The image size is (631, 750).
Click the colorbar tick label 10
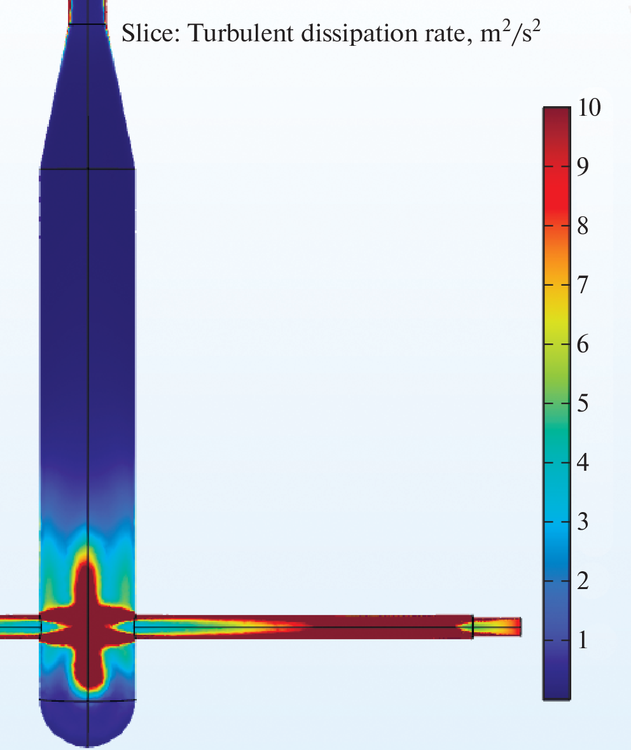[589, 107]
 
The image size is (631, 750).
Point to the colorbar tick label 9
[583, 167]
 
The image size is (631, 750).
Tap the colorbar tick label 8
[583, 226]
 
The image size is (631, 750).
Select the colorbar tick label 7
[583, 285]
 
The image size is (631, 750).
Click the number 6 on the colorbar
[583, 344]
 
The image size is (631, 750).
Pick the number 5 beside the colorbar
[583, 404]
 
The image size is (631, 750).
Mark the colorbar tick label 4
[583, 462]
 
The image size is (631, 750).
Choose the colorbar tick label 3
[583, 522]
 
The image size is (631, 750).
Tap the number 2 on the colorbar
[583, 581]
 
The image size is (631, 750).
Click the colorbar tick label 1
[583, 641]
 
